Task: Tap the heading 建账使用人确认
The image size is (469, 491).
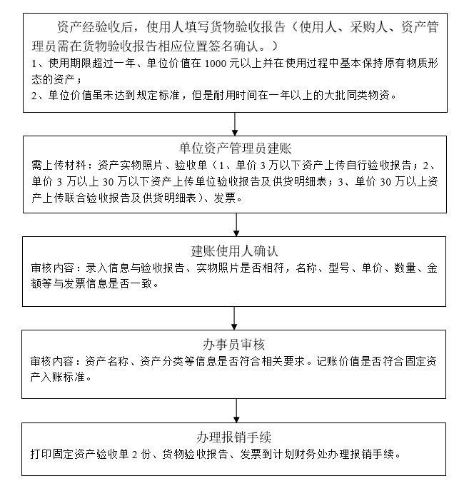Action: pyautogui.click(x=235, y=251)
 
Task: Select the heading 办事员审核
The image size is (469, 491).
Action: pyautogui.click(x=235, y=345)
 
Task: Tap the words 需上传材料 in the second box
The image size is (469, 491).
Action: pyautogui.click(x=58, y=164)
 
